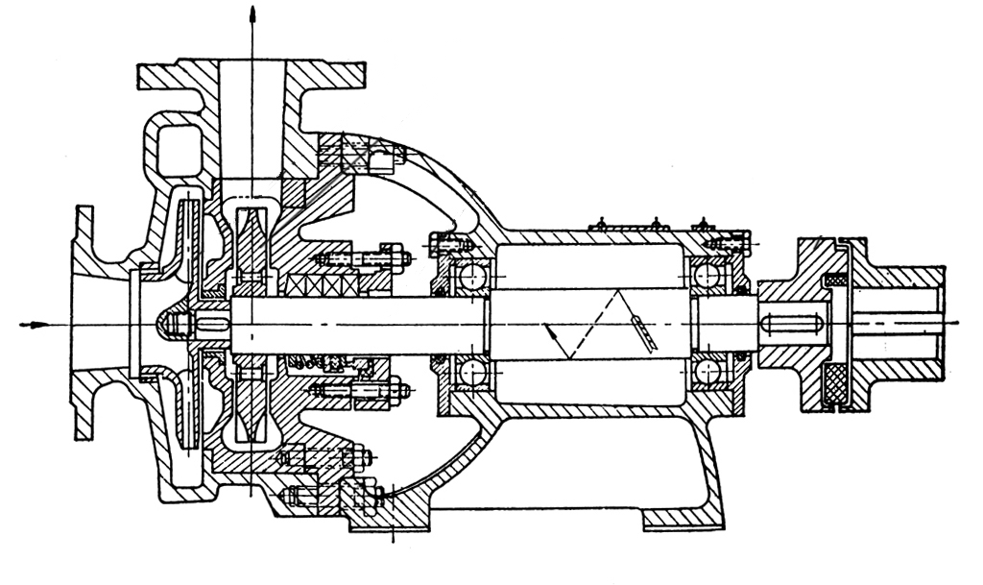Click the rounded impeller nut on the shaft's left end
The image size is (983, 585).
click(170, 325)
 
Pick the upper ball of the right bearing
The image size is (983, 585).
click(709, 278)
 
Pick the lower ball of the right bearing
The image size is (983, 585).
click(709, 370)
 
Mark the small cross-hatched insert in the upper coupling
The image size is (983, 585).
click(836, 280)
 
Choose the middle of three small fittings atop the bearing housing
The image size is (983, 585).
click(656, 225)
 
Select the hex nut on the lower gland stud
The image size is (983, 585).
click(396, 391)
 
